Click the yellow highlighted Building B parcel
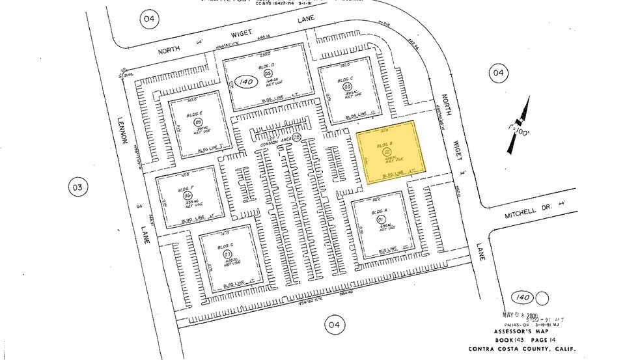click(395, 151)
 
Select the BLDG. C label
click(345, 80)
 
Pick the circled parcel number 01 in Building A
click(381, 220)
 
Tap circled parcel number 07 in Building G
click(228, 253)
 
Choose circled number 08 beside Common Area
click(296, 137)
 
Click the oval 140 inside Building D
click(245, 82)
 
